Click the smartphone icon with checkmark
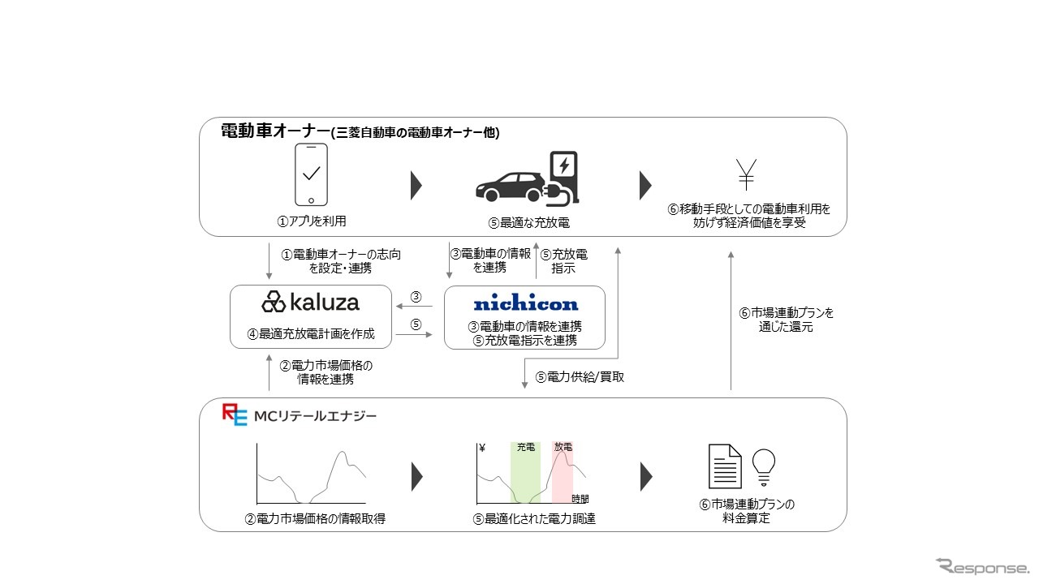(310, 175)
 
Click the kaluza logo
(310, 303)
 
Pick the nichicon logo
(525, 304)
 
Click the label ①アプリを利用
(310, 220)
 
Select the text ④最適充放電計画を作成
(310, 333)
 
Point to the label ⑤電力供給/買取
(580, 376)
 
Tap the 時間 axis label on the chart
(580, 498)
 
